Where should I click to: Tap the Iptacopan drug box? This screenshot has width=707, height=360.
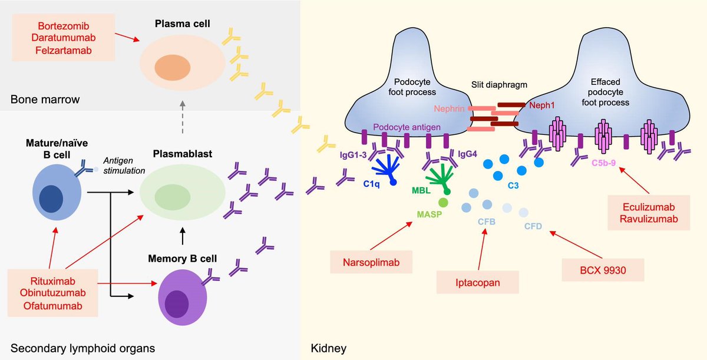point(477,282)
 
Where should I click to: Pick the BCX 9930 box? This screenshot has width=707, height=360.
point(602,269)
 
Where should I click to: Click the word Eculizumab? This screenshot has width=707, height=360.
point(650,207)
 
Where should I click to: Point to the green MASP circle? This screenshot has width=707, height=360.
point(443,203)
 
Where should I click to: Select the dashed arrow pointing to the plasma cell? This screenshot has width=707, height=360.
point(182,125)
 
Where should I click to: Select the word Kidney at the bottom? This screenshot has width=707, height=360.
point(328,348)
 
